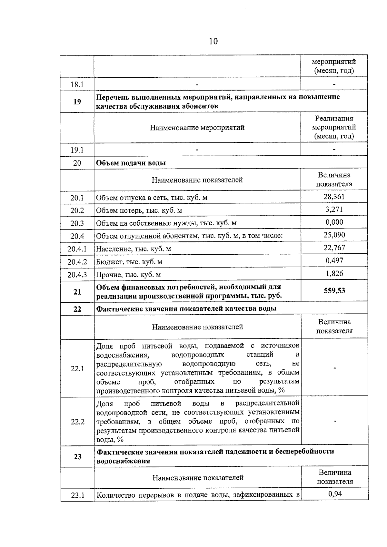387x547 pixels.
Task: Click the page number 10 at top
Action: (213, 41)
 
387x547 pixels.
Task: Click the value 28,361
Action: (334, 197)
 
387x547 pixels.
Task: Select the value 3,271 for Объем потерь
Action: (334, 210)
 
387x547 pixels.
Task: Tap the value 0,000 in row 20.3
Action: (334, 222)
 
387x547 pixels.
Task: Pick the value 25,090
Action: (334, 235)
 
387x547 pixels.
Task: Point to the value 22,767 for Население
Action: (334, 248)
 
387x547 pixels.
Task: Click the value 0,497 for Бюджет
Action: (334, 260)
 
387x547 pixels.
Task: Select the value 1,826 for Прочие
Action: (334, 273)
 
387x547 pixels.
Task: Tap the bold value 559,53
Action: (334, 291)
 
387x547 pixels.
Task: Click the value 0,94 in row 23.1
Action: (335, 493)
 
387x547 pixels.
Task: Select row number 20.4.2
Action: (77, 262)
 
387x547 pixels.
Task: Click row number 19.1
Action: (77, 150)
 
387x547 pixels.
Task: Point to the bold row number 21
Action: (77, 292)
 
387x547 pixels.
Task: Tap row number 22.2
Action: (77, 422)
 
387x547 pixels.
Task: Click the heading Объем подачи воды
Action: (131, 163)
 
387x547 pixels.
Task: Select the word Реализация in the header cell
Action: (334, 118)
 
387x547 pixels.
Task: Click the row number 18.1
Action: (77, 84)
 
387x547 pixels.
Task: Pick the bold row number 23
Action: (77, 456)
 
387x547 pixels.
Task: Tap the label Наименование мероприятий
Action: (197, 128)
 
